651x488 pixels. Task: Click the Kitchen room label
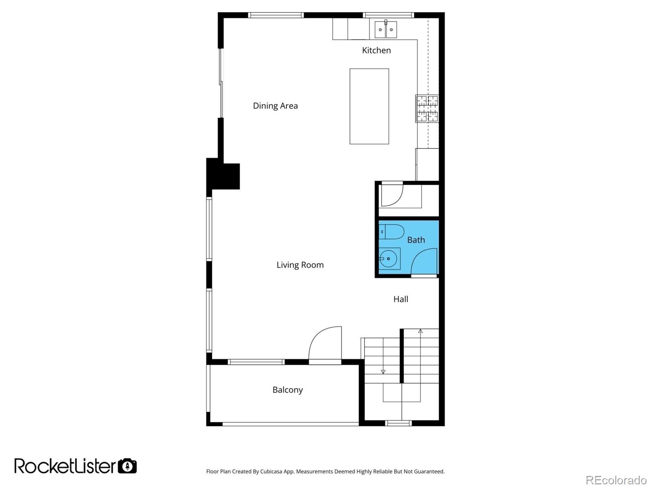click(x=376, y=50)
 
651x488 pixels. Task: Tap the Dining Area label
click(x=275, y=106)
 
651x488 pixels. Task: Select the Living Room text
click(x=300, y=265)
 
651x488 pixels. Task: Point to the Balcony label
click(x=287, y=390)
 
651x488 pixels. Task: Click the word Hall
click(x=400, y=299)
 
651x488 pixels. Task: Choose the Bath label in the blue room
click(x=416, y=240)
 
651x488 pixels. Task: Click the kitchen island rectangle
click(x=369, y=106)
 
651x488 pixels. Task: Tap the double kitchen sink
click(x=386, y=29)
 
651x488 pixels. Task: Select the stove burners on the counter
click(x=427, y=108)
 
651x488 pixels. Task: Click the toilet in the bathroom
click(x=392, y=232)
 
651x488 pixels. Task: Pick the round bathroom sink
click(x=389, y=259)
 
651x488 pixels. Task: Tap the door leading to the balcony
click(x=325, y=344)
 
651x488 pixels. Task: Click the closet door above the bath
click(x=392, y=195)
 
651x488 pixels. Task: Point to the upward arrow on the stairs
click(x=420, y=331)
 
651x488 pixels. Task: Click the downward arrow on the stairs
click(x=383, y=372)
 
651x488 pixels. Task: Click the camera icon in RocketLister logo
click(x=127, y=466)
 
